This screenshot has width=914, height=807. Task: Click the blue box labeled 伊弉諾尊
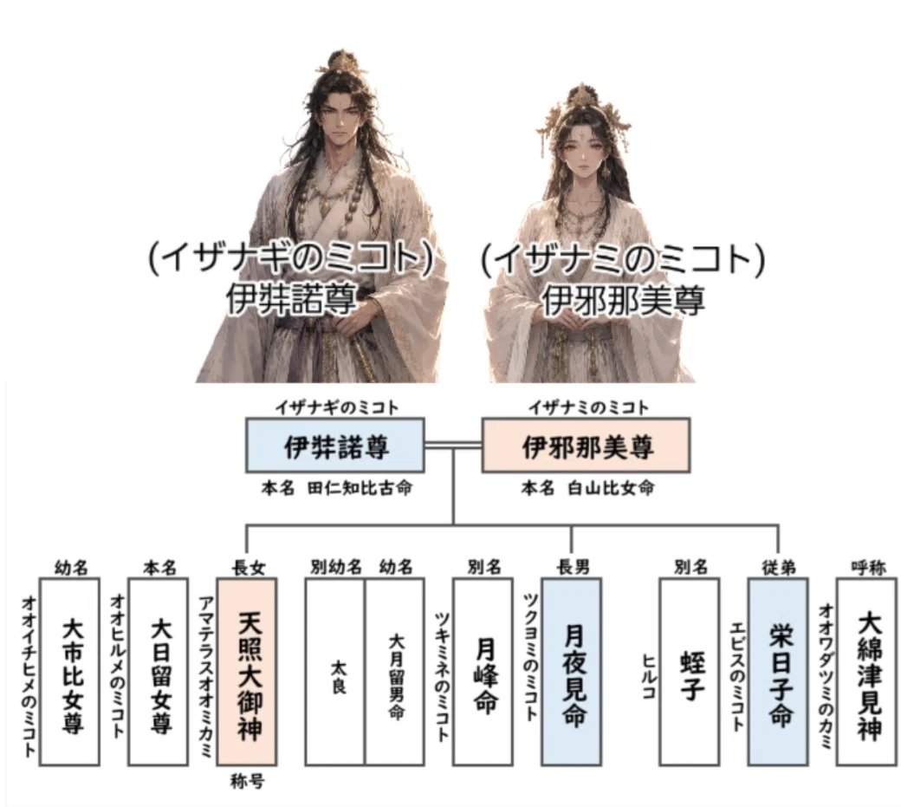point(334,445)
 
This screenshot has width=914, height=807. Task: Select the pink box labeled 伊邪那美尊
point(586,445)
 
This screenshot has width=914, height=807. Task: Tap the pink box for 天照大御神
point(247,672)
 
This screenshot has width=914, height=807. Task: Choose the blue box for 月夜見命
point(571,672)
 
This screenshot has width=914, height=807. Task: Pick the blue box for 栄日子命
point(778,672)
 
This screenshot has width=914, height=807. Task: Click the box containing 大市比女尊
point(69,672)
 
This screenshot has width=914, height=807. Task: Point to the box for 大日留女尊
point(158,672)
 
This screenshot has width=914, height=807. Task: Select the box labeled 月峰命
point(483,672)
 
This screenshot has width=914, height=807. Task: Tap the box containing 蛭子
point(690,672)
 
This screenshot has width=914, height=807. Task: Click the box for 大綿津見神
point(867,672)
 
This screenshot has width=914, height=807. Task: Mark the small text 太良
point(338,676)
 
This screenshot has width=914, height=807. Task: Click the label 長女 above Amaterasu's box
point(249,568)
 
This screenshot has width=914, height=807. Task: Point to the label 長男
point(573,566)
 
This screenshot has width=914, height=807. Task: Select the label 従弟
point(780,567)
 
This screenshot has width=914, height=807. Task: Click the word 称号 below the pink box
point(247,781)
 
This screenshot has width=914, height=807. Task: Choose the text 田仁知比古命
point(360,487)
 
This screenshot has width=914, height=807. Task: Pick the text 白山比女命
point(611,487)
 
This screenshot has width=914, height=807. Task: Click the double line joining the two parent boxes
point(453,446)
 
